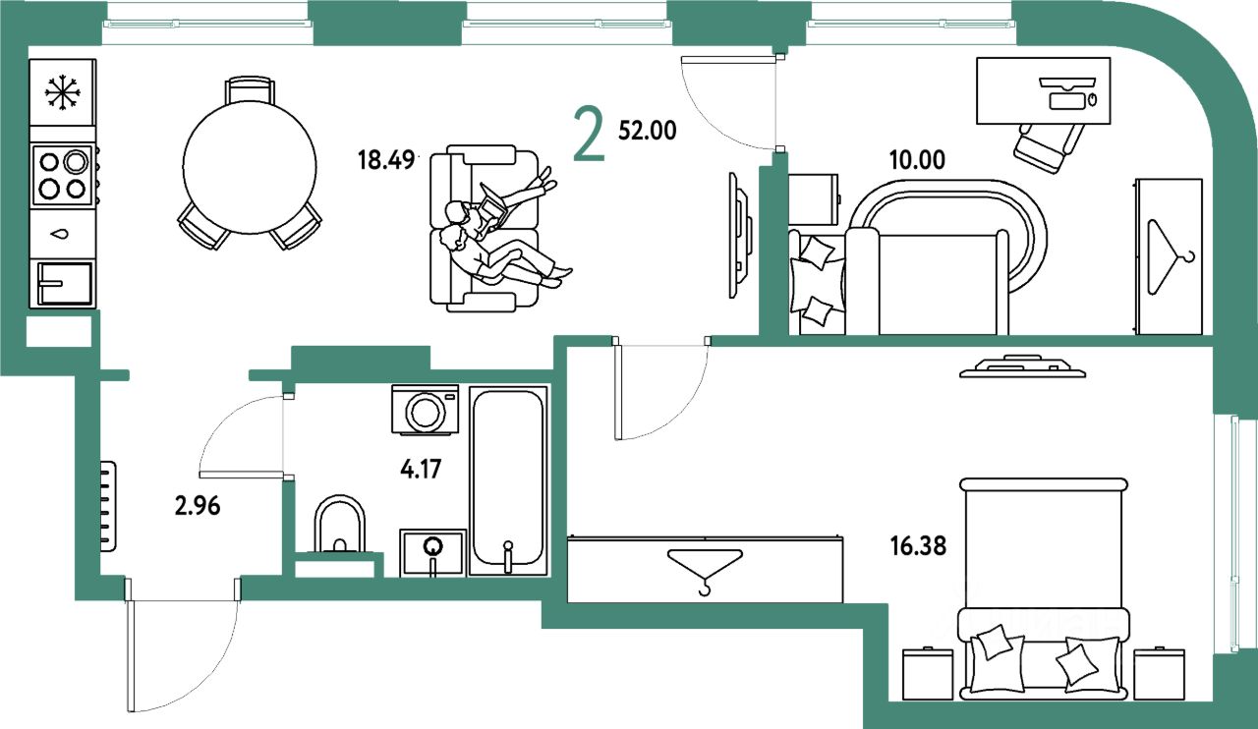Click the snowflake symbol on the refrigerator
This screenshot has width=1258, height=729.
coord(63,93)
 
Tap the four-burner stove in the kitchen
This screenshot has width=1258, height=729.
coord(63,174)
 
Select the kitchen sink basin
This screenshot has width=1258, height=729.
coord(64,283)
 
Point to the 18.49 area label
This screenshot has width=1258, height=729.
coord(387,159)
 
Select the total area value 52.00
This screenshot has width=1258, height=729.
coord(648,131)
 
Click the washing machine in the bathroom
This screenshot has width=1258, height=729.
coord(426,410)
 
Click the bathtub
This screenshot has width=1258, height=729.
coord(507,479)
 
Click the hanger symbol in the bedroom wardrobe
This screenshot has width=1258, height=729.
coord(705,569)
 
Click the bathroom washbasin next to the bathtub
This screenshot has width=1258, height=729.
coord(432,551)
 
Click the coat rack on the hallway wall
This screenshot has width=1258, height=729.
coord(108,506)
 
